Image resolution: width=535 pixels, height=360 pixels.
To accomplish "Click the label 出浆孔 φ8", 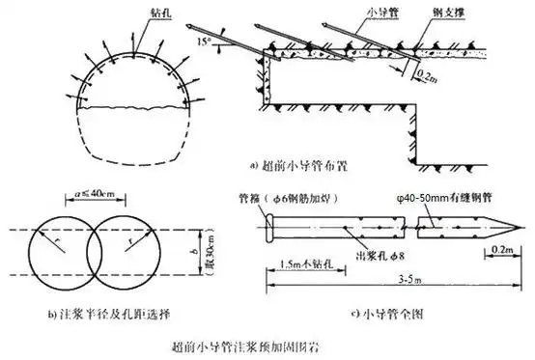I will coord(379,258).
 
